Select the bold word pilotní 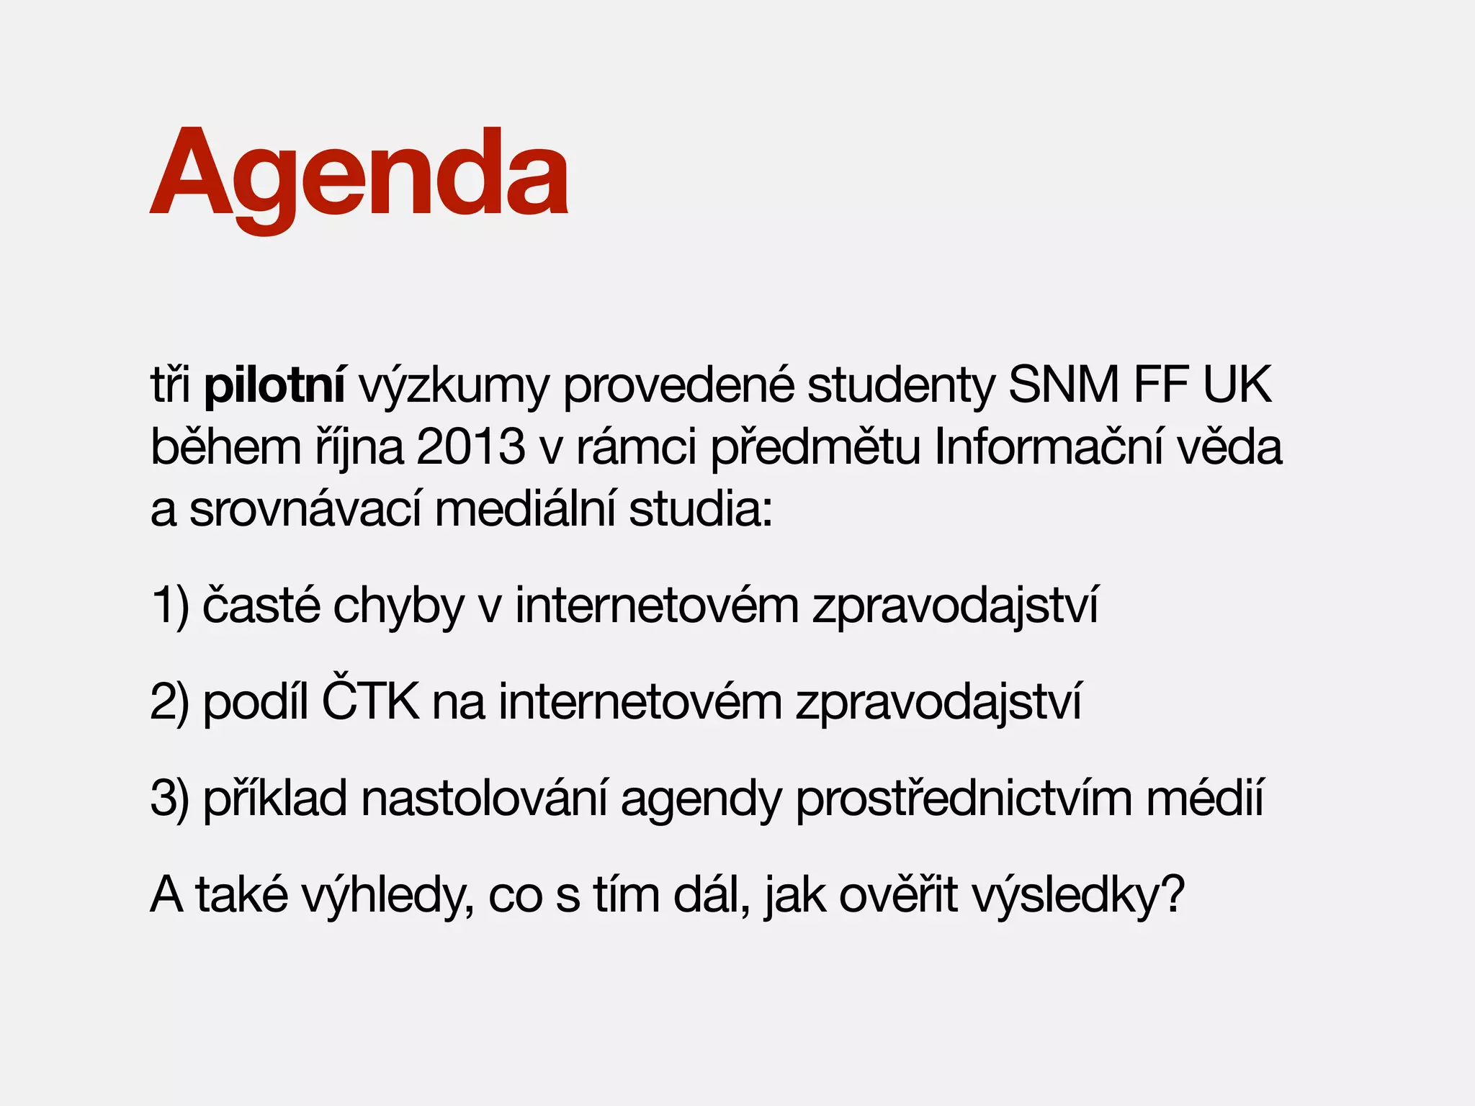point(274,386)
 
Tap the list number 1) point(170,606)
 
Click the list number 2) point(170,702)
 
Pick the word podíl point(256,701)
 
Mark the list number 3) point(170,799)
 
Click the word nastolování point(484,799)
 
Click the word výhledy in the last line point(387,896)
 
